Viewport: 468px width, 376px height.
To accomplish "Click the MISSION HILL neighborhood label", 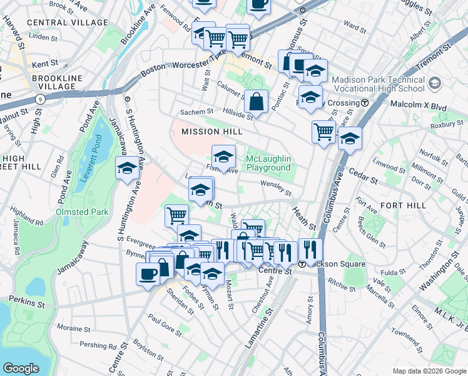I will point(208,132).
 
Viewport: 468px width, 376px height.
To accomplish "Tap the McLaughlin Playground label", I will point(268,164).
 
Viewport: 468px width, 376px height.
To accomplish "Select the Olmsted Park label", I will point(82,212).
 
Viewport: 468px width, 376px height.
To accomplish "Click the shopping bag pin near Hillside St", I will point(257,101).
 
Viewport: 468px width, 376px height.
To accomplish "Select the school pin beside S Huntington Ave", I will point(127,168).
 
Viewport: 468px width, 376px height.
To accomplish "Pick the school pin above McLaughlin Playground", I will point(223,155).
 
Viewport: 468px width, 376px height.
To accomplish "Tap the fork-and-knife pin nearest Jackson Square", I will point(310,249).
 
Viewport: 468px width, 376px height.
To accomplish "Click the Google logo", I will point(21,368).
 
